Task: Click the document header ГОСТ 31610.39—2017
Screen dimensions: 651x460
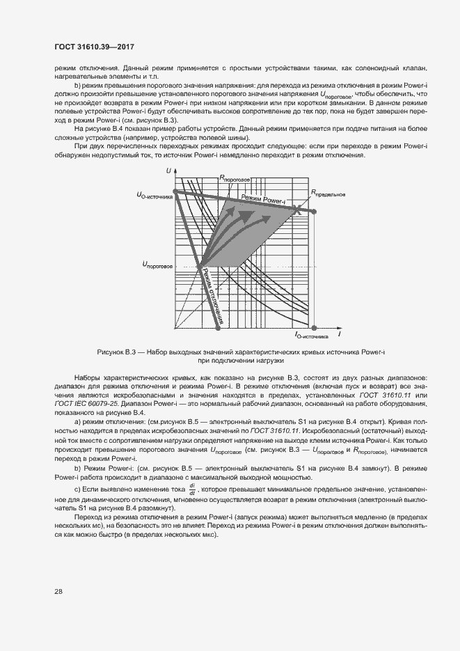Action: [94, 47]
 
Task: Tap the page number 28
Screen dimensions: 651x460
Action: [58, 591]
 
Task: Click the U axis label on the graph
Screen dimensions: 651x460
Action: [168, 171]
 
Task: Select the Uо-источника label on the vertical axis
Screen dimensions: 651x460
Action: [155, 195]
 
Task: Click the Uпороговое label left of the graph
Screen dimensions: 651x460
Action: [157, 264]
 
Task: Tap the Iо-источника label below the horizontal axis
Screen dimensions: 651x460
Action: [311, 336]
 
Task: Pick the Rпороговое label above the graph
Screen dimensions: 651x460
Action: [235, 178]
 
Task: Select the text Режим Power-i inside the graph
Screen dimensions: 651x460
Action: [263, 200]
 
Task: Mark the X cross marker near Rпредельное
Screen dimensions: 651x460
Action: [299, 209]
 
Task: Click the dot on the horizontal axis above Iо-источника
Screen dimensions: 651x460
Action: [315, 327]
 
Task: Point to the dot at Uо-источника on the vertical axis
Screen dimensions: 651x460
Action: [175, 191]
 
